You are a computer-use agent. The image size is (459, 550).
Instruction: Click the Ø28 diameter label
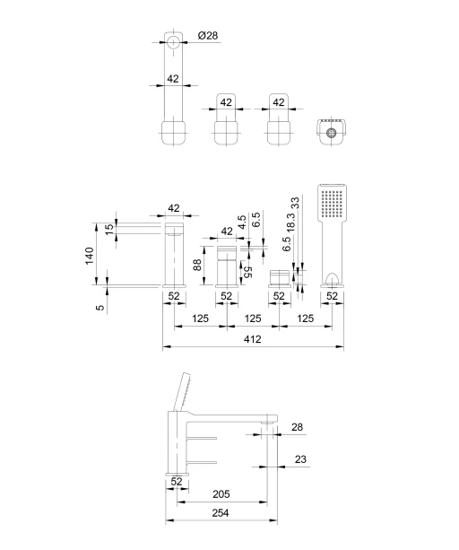207,35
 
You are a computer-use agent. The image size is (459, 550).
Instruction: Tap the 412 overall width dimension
252,339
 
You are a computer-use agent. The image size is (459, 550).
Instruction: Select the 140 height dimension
90,256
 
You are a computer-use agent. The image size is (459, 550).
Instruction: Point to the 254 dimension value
221,513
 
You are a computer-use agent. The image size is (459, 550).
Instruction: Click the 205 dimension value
221,493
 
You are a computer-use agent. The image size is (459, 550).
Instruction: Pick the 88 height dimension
197,265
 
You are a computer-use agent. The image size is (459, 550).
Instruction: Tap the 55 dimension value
247,272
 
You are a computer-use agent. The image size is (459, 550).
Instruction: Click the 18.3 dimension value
290,222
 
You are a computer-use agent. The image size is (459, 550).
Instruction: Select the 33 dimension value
295,203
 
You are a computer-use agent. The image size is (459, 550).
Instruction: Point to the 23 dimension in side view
300,459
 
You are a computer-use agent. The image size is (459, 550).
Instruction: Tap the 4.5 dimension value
242,223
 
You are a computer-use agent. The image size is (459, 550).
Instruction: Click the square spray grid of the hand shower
332,204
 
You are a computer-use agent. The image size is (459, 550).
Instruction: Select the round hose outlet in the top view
331,133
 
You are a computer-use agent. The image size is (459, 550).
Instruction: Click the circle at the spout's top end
173,42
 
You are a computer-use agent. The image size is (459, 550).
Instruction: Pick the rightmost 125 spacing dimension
305,319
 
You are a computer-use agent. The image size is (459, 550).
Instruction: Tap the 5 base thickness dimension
101,307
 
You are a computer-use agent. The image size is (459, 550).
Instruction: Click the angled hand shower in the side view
182,392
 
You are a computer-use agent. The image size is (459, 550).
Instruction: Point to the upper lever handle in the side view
203,438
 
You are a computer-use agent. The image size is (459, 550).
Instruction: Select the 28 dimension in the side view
297,427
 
